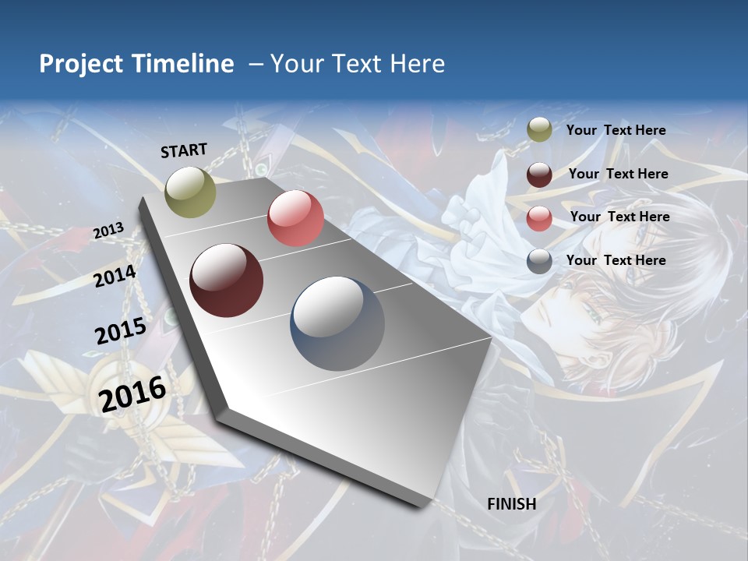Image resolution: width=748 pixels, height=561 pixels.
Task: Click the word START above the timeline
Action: (184, 150)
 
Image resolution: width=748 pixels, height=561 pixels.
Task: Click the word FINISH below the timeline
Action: (511, 504)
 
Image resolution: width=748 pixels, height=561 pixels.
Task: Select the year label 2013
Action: (108, 231)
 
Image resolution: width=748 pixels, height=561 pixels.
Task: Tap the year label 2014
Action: (115, 277)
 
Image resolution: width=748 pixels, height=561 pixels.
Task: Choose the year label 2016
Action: (132, 393)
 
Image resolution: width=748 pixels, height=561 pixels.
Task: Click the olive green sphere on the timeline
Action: (190, 192)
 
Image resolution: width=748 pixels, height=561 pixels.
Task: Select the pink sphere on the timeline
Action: (295, 218)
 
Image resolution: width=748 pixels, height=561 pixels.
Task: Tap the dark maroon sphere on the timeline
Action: (226, 280)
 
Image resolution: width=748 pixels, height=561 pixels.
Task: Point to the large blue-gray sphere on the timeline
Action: (337, 323)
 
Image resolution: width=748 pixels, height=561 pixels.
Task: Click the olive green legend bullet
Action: (539, 130)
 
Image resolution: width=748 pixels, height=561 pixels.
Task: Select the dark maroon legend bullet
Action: (539, 175)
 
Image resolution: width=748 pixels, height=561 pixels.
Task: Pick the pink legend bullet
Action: (539, 218)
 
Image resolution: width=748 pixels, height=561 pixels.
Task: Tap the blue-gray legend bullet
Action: (539, 261)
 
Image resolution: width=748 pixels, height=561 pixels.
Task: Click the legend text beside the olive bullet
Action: (616, 131)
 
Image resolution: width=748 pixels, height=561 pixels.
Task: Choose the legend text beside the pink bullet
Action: (619, 217)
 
